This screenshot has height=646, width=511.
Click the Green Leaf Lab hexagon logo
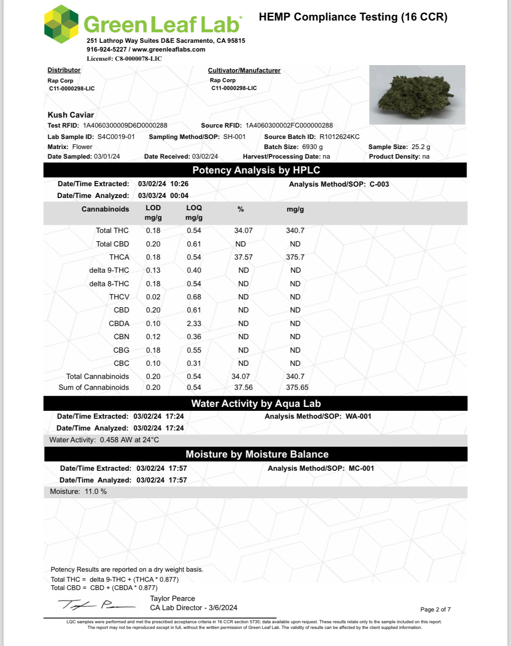(x=61, y=24)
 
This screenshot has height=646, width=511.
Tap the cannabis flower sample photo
(x=417, y=95)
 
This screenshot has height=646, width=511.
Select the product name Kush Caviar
(x=71, y=115)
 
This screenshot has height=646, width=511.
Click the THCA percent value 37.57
(x=243, y=257)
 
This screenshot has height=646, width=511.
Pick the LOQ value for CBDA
(x=194, y=323)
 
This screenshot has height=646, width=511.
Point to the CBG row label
(x=121, y=350)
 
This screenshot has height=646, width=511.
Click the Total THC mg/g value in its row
(x=295, y=230)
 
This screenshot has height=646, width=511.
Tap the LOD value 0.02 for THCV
(x=153, y=297)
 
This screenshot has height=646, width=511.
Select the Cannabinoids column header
(x=105, y=209)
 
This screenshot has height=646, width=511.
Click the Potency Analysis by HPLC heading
(x=256, y=170)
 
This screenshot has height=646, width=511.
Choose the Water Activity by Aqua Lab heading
(x=256, y=403)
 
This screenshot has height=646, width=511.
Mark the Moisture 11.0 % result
(x=96, y=491)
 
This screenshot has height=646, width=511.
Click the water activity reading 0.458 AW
(x=116, y=440)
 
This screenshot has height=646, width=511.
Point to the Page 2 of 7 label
(x=435, y=609)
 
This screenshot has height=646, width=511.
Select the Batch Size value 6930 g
(x=313, y=147)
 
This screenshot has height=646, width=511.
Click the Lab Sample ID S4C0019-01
(x=116, y=137)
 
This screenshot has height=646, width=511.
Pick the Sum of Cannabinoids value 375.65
(x=297, y=387)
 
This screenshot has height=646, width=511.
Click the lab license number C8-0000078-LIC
(x=138, y=59)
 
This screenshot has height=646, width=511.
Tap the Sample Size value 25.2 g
(x=421, y=147)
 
